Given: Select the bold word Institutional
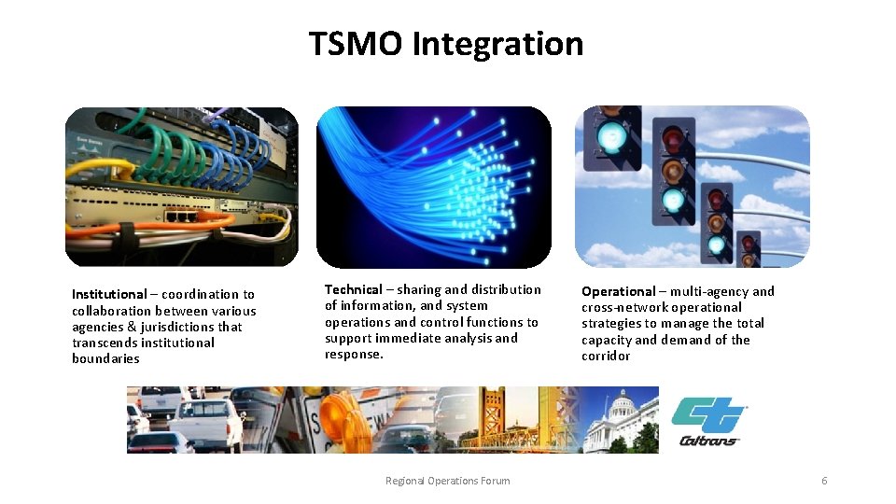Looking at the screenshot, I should (109, 294).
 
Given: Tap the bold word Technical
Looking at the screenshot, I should (354, 289).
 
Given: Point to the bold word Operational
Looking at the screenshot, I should (618, 291).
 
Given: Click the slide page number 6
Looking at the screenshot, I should (824, 481).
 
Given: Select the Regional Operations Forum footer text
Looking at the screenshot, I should (447, 481).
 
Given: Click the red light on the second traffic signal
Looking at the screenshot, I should (673, 140).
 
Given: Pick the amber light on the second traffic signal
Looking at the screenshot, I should (673, 170).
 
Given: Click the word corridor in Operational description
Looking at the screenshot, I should (606, 356).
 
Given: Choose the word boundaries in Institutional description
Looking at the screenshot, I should (105, 358).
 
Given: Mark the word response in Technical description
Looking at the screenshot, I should (353, 354).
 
